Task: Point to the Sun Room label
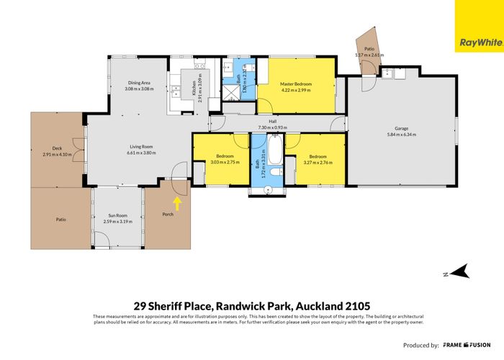pyautogui.click(x=118, y=216)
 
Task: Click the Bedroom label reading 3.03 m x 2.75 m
pyautogui.click(x=219, y=159)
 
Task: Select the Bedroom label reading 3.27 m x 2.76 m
pyautogui.click(x=317, y=158)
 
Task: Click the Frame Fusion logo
pyautogui.click(x=469, y=345)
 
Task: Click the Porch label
pyautogui.click(x=168, y=214)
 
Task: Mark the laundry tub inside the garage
pyautogui.click(x=389, y=73)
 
